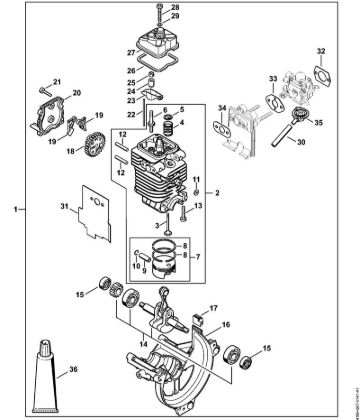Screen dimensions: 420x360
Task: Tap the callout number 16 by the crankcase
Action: (226, 325)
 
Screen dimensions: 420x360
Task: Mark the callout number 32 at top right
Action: (320, 49)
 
